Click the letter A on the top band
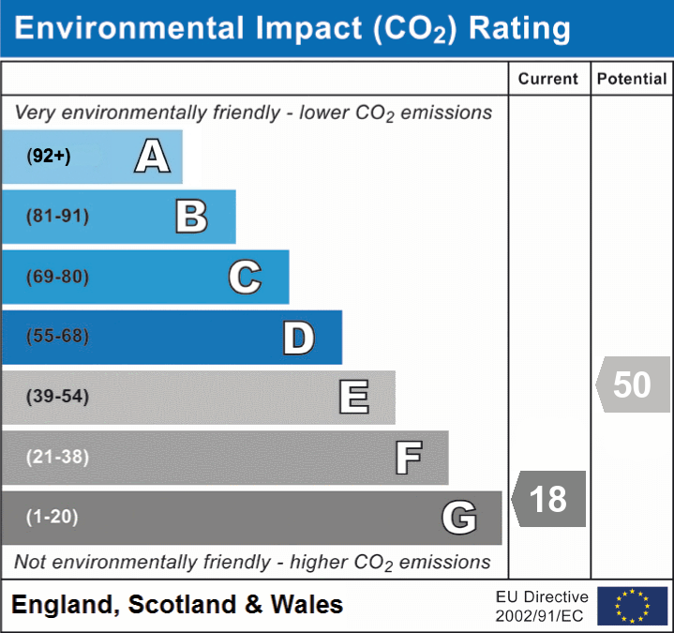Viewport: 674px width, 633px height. [x=152, y=157]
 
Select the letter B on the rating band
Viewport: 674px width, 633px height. [x=191, y=217]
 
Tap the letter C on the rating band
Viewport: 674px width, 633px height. [x=245, y=277]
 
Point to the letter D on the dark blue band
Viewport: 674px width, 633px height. [x=298, y=338]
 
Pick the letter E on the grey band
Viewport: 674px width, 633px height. [x=353, y=397]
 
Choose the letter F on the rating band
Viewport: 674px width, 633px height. [x=408, y=458]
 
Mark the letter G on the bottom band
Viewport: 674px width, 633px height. [x=459, y=518]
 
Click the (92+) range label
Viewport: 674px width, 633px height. [x=49, y=157]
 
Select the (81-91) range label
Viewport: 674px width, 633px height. [x=58, y=217]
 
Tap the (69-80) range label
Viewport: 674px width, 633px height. [x=58, y=277]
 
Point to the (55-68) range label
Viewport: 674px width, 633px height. [x=58, y=337]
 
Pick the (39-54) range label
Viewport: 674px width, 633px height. [x=58, y=397]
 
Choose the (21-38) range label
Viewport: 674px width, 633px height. [x=58, y=458]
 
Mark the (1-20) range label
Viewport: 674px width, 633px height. [x=52, y=517]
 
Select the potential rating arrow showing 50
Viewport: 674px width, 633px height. [x=633, y=384]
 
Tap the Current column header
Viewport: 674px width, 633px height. [x=548, y=80]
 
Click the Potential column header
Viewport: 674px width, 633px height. [x=632, y=80]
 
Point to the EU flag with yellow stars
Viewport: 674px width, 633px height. [x=632, y=606]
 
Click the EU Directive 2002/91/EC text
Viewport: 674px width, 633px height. [x=542, y=606]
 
